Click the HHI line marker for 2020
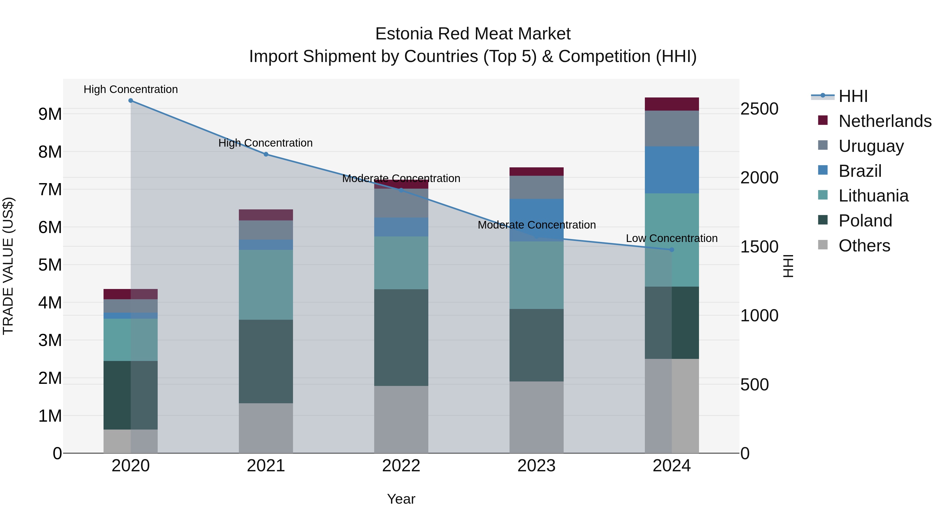[131, 101]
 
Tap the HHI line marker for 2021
[266, 154]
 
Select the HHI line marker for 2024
[672, 250]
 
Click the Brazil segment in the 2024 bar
[672, 170]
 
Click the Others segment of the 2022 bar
[401, 419]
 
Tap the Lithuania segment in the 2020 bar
[131, 340]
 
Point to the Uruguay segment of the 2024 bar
[672, 128]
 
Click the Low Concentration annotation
[672, 238]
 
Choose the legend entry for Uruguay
[871, 146]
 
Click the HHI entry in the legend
[853, 96]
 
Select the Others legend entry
[864, 245]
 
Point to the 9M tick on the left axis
[50, 114]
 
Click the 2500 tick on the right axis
[759, 109]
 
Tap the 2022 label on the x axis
[401, 466]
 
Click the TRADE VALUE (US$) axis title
[8, 266]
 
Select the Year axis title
[401, 499]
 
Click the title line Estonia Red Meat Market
[473, 34]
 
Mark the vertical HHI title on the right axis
[788, 266]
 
